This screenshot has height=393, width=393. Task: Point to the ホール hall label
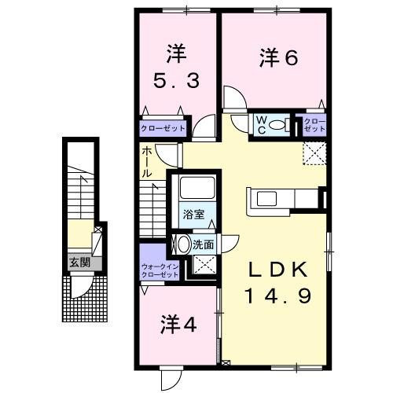point(148,162)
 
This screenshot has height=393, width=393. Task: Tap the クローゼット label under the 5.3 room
point(163,127)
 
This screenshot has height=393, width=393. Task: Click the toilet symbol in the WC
point(277,124)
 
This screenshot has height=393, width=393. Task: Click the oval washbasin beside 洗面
point(184,244)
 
